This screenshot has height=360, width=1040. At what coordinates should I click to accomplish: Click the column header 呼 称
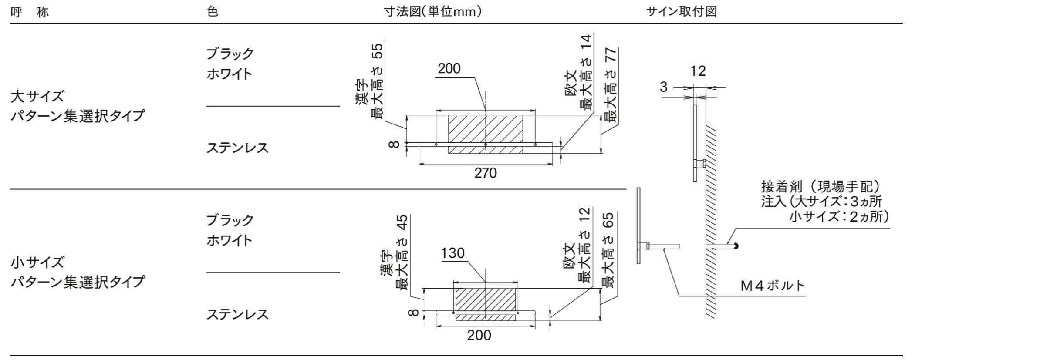(30, 12)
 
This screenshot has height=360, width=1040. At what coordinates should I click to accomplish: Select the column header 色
(212, 12)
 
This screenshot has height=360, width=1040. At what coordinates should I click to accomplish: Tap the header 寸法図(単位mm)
(432, 12)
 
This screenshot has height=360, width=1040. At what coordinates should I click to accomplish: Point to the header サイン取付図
(681, 12)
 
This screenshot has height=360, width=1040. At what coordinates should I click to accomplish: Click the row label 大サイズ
(37, 96)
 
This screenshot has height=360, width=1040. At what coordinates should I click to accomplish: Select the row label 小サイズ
(37, 262)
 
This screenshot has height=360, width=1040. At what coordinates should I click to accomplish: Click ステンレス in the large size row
(237, 148)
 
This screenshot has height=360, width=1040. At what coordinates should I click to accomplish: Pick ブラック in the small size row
(230, 220)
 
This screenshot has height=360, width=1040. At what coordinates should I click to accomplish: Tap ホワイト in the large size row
(229, 74)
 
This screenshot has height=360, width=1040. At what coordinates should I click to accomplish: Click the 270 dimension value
(485, 173)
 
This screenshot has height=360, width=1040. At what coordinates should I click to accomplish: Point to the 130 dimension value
(452, 253)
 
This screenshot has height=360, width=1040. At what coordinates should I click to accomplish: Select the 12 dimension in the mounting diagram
(698, 71)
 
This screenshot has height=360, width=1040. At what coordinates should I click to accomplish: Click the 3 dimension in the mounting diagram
(663, 87)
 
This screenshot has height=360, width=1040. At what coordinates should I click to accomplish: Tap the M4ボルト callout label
(773, 286)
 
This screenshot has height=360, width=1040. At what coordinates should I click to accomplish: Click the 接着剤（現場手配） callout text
(821, 187)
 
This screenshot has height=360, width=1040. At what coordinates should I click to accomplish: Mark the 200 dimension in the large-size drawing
(449, 69)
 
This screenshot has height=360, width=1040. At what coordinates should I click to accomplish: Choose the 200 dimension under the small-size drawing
(479, 335)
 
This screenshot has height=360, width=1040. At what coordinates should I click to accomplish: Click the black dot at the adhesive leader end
(736, 246)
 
